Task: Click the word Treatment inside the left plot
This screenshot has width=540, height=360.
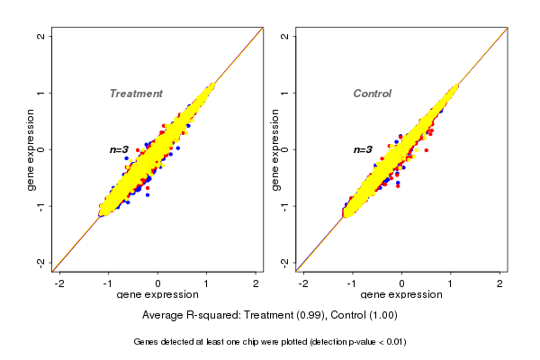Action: click(136, 94)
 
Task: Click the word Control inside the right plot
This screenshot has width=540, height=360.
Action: click(373, 94)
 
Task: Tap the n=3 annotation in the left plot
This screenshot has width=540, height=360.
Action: click(120, 149)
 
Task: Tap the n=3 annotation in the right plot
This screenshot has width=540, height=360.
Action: click(363, 149)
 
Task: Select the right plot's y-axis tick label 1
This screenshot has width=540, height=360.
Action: click(284, 93)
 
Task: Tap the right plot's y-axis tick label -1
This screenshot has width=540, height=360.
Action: click(284, 206)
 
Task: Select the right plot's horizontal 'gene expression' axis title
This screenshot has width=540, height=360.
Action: click(402, 295)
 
